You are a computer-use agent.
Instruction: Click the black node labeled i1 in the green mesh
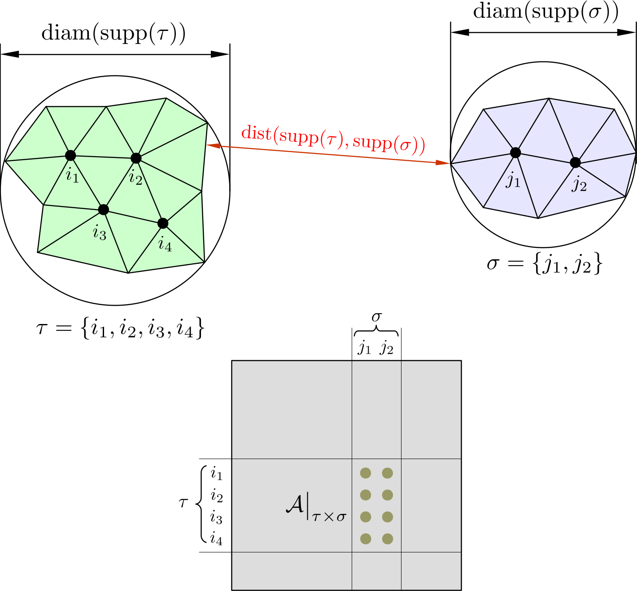[x=70, y=155]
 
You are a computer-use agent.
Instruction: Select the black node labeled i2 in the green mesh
[x=136, y=158]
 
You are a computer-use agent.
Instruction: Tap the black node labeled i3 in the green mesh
[x=104, y=210]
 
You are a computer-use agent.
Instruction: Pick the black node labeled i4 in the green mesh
[x=163, y=223]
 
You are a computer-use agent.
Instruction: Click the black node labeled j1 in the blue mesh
[x=515, y=153]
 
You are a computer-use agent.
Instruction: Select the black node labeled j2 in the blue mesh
[x=575, y=162]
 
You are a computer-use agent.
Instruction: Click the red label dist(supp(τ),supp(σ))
[x=333, y=139]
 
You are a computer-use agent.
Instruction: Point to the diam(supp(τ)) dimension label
[x=113, y=34]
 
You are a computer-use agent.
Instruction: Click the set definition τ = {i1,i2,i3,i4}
[x=120, y=329]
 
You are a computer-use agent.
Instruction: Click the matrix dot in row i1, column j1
[x=366, y=473]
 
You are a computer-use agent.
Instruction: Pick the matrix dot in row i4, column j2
[x=388, y=538]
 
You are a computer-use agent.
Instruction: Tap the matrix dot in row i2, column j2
[x=388, y=495]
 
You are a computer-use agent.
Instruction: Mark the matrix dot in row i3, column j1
[x=366, y=517]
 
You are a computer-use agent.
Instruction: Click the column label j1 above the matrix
[x=365, y=347]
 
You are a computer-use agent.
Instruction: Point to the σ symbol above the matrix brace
[x=376, y=317]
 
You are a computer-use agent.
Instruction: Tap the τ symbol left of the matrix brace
[x=183, y=503]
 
